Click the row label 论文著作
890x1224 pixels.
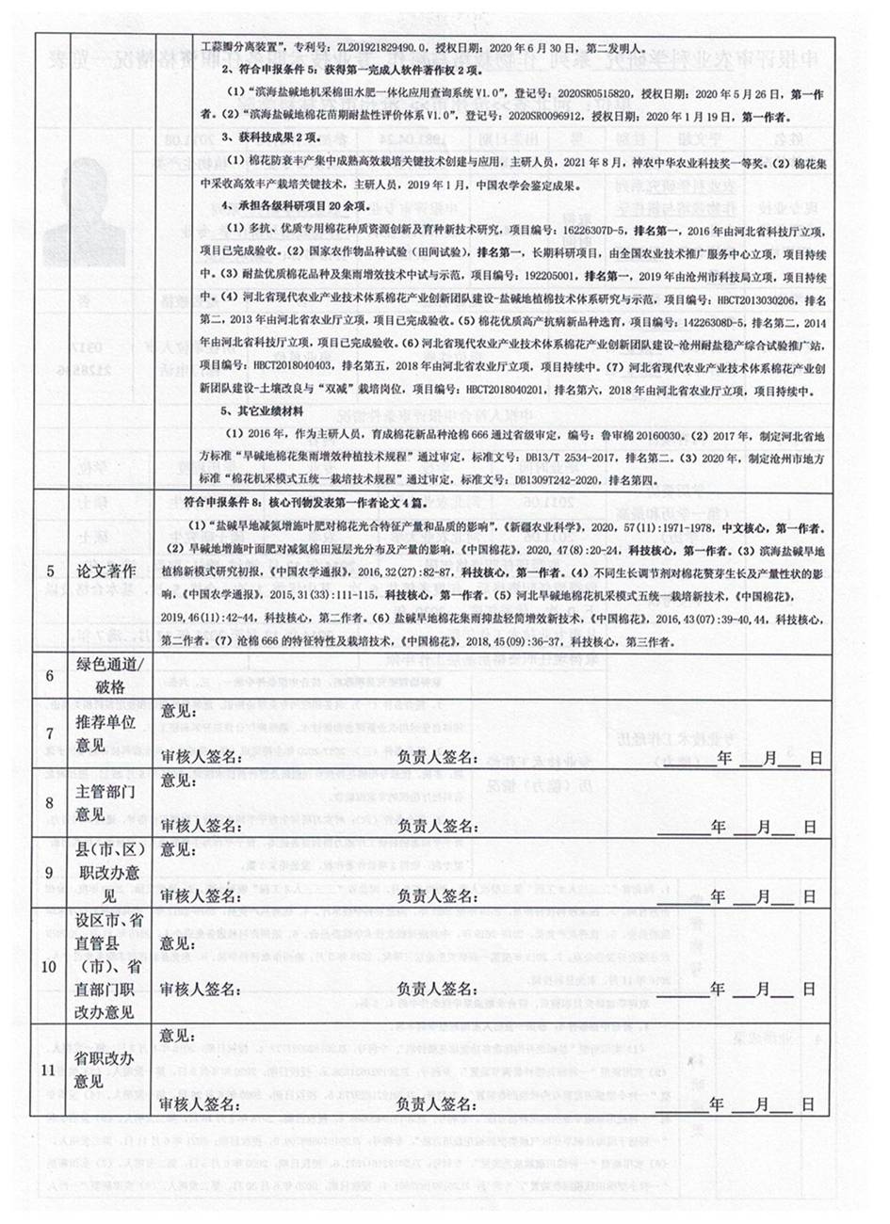(x=105, y=572)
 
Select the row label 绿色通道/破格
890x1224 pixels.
(x=105, y=676)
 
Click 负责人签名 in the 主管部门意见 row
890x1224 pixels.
(x=439, y=826)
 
